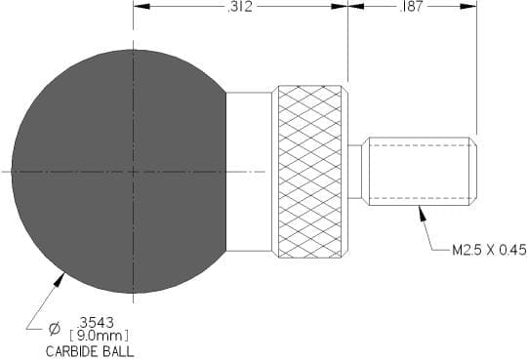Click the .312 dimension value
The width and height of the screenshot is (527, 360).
(x=240, y=7)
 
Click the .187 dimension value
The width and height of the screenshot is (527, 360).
(x=412, y=7)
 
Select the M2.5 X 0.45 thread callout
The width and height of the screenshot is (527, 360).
(x=489, y=250)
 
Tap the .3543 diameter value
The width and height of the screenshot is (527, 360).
(x=96, y=323)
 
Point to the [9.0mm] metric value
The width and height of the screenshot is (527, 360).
(x=100, y=336)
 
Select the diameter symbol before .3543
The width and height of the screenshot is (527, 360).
(x=55, y=328)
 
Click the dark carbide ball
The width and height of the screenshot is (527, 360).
(x=119, y=172)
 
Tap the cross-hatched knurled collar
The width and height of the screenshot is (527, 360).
(x=309, y=172)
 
